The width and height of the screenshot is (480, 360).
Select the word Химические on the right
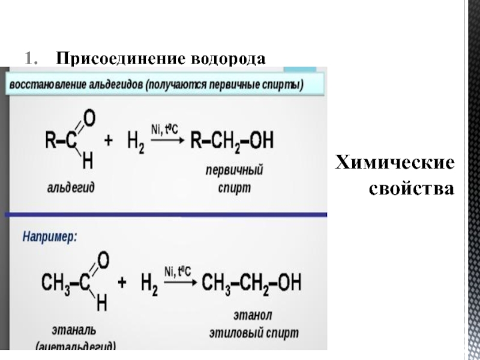point(394,163)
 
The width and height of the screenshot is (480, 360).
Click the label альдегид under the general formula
point(71,187)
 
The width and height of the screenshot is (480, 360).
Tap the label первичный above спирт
point(234,171)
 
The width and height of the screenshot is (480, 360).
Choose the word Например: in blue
point(50,236)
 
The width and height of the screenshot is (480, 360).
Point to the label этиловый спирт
point(254,333)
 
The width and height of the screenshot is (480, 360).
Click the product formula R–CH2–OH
point(232,142)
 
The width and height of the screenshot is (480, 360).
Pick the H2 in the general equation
point(135,143)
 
